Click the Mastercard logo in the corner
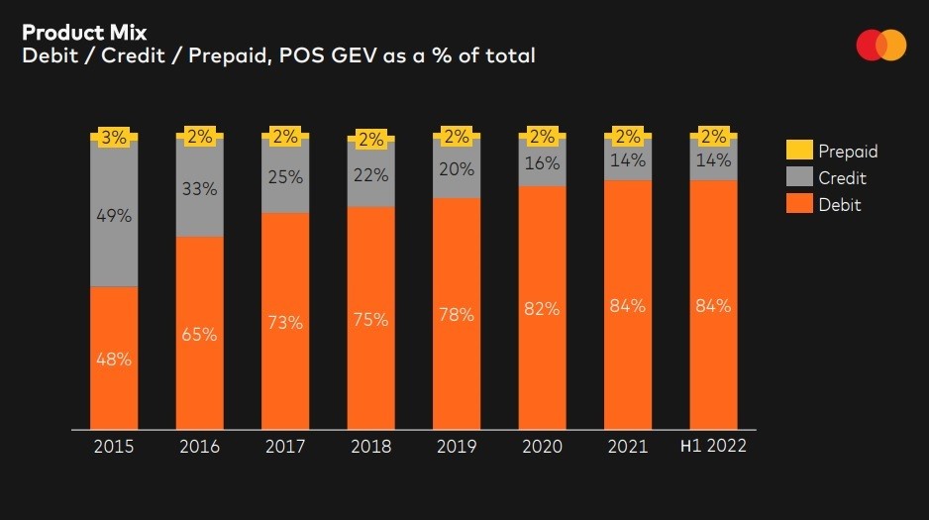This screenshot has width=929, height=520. [x=881, y=46]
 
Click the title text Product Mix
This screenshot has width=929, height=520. [x=84, y=32]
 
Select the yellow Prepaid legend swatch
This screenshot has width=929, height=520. [x=798, y=151]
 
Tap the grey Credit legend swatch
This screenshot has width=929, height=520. [x=798, y=178]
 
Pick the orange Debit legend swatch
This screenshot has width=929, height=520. [x=798, y=205]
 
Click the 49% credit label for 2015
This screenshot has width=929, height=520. [x=114, y=215]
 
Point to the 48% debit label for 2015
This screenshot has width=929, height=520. [x=114, y=360]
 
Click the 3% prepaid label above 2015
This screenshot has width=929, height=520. [x=114, y=138]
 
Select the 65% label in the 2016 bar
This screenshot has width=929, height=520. [x=199, y=334]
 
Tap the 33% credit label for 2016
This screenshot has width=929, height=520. [x=199, y=188]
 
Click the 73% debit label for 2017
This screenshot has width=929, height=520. [x=285, y=323]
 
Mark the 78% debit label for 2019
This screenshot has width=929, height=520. [x=457, y=314]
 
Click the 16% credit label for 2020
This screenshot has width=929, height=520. [x=542, y=163]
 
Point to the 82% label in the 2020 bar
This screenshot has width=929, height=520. [x=542, y=309]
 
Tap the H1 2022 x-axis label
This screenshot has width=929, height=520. [x=713, y=447]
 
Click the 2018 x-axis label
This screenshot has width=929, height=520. [x=370, y=447]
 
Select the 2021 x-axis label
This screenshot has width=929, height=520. [x=628, y=447]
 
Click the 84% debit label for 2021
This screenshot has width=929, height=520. [x=628, y=306]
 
